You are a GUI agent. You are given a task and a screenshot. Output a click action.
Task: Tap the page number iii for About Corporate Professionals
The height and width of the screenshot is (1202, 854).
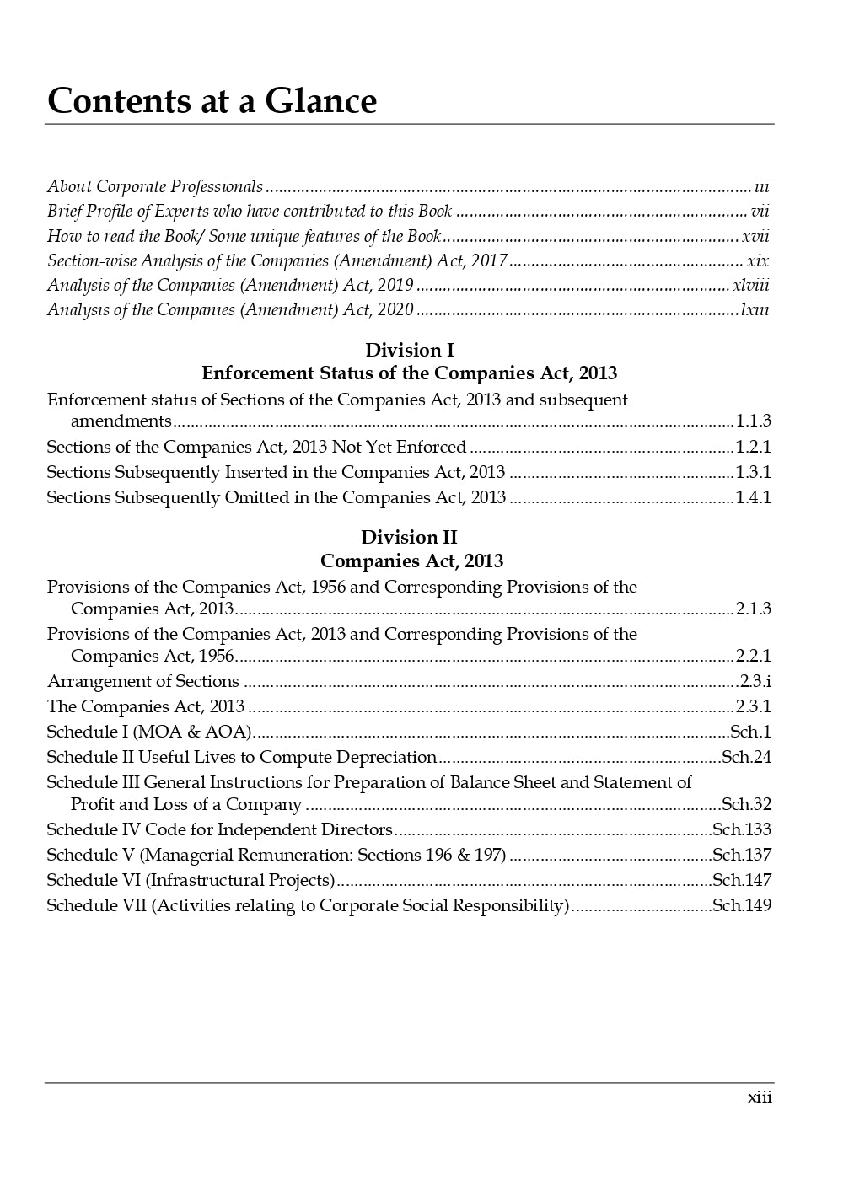pyautogui.click(x=761, y=186)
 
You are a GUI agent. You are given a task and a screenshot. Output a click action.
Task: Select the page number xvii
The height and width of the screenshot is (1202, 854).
pyautogui.click(x=755, y=236)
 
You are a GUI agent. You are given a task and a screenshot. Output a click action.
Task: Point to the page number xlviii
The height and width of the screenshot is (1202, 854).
pyautogui.click(x=750, y=285)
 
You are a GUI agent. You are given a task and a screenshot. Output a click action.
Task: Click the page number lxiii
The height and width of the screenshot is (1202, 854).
pyautogui.click(x=755, y=309)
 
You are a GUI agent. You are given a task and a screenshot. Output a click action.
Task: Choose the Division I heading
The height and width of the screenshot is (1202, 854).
pyautogui.click(x=409, y=350)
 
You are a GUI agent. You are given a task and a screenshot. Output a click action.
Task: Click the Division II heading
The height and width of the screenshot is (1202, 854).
pyautogui.click(x=409, y=537)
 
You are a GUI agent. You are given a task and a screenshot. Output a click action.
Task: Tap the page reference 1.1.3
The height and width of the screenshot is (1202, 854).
pyautogui.click(x=753, y=421)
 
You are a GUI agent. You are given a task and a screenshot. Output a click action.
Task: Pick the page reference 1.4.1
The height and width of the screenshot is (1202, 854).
pyautogui.click(x=753, y=497)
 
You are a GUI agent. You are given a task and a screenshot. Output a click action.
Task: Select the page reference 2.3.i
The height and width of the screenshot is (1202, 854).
pyautogui.click(x=755, y=681)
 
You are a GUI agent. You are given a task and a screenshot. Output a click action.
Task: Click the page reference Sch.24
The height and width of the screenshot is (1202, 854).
pyautogui.click(x=746, y=757)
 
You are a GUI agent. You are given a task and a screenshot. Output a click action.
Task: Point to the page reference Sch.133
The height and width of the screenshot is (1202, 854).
pyautogui.click(x=742, y=829)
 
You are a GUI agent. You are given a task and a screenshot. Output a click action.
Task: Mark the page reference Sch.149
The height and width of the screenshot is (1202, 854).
pyautogui.click(x=742, y=905)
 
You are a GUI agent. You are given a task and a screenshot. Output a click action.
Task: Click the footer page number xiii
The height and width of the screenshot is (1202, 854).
pyautogui.click(x=760, y=1097)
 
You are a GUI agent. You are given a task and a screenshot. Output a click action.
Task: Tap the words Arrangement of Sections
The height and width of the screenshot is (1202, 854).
pyautogui.click(x=143, y=681)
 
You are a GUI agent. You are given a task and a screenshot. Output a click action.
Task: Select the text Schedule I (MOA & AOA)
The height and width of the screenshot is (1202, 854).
pyautogui.click(x=149, y=732)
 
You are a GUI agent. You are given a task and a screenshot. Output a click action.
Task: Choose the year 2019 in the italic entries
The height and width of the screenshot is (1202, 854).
pyautogui.click(x=395, y=285)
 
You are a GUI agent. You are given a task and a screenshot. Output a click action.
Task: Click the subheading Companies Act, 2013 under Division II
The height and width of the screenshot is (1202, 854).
pyautogui.click(x=411, y=561)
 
